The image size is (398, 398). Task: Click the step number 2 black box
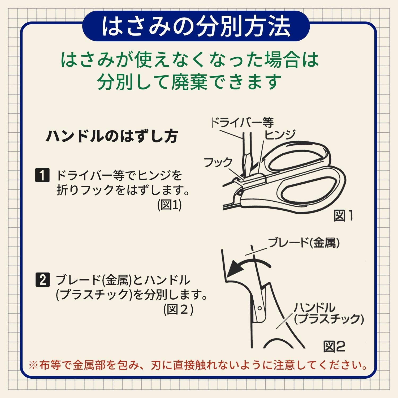pyautogui.click(x=42, y=280)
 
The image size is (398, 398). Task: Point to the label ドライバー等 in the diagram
pyautogui.click(x=242, y=123)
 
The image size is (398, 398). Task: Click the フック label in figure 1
pyautogui.click(x=218, y=162)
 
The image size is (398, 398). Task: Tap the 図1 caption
pyautogui.click(x=343, y=216)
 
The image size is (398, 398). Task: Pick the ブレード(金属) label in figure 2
pyautogui.click(x=304, y=243)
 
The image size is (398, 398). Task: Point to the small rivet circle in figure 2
pyautogui.click(x=259, y=308)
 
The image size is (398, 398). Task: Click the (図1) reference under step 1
pyautogui.click(x=169, y=205)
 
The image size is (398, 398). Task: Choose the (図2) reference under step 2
pyautogui.click(x=178, y=309)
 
